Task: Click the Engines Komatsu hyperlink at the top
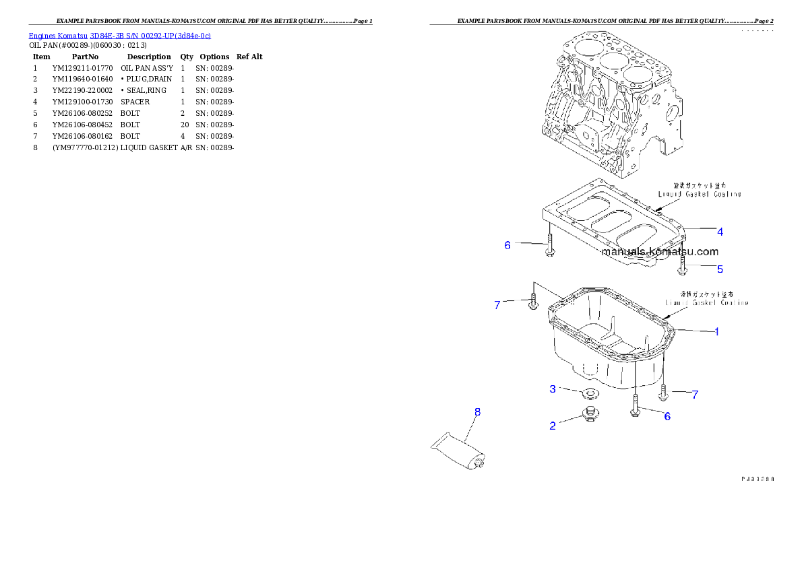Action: [x=119, y=35]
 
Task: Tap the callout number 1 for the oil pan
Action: [x=716, y=331]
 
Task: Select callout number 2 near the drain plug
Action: [x=553, y=426]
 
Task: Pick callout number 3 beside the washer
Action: [x=553, y=389]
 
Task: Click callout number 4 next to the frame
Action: [x=720, y=232]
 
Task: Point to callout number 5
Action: [x=720, y=269]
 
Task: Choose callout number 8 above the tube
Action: [x=477, y=411]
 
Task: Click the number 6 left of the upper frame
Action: [x=507, y=245]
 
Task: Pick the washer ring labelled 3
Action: [x=590, y=393]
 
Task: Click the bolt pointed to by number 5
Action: [x=683, y=263]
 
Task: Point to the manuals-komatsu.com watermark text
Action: [x=659, y=252]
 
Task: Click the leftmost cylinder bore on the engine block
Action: [x=583, y=48]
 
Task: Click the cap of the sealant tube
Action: [x=480, y=463]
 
